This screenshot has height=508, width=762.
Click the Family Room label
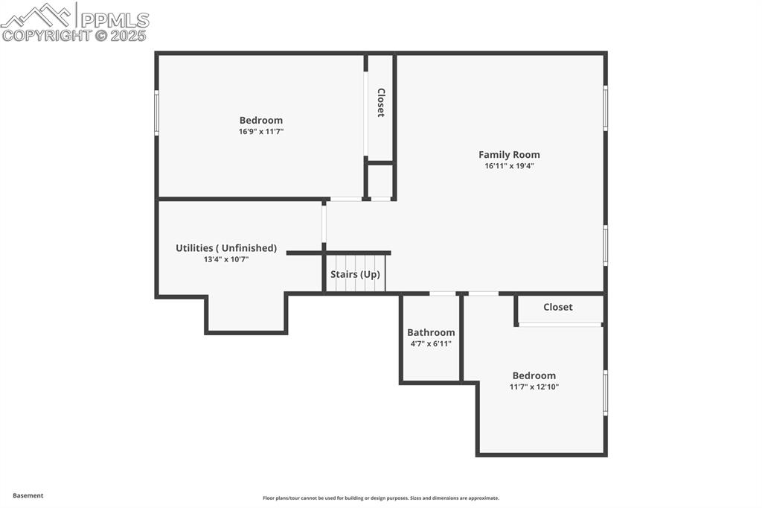pyautogui.click(x=509, y=155)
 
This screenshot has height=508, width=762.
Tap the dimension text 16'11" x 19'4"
pyautogui.click(x=509, y=166)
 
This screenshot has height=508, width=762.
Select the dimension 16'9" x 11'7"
pyautogui.click(x=260, y=131)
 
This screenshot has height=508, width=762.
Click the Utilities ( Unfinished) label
pyautogui.click(x=226, y=248)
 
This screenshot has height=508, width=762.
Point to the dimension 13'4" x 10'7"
pyautogui.click(x=226, y=259)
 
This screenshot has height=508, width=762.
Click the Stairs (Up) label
pyautogui.click(x=355, y=274)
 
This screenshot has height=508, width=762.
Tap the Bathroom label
pyautogui.click(x=431, y=332)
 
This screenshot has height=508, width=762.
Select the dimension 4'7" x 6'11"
pyautogui.click(x=431, y=343)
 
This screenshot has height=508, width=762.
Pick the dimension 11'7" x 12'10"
pyautogui.click(x=534, y=387)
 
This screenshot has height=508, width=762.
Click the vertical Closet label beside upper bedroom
pyautogui.click(x=381, y=103)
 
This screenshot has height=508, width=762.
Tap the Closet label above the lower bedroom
pyautogui.click(x=557, y=307)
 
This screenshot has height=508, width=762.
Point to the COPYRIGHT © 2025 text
pyautogui.click(x=74, y=35)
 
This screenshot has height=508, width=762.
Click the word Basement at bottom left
pyautogui.click(x=28, y=495)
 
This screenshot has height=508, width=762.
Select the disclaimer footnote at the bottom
pyautogui.click(x=380, y=498)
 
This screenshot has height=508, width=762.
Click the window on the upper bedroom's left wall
pyautogui.click(x=156, y=112)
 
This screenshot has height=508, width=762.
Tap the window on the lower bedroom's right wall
pyautogui.click(x=605, y=393)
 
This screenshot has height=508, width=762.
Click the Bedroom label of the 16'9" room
pyautogui.click(x=260, y=120)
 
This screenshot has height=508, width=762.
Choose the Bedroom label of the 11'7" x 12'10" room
pyautogui.click(x=534, y=375)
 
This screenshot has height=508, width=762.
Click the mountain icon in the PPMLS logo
pyautogui.click(x=37, y=15)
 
